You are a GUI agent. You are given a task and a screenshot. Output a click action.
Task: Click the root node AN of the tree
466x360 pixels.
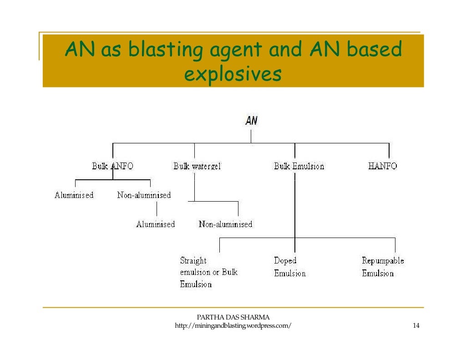(x=251, y=121)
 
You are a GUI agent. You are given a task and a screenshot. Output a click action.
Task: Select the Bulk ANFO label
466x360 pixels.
(x=112, y=166)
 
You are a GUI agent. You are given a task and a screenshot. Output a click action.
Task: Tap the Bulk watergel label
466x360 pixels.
(x=197, y=166)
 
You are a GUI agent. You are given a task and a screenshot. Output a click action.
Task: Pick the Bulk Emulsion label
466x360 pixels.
(x=299, y=166)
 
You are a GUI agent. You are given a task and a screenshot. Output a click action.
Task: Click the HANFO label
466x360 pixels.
(x=382, y=166)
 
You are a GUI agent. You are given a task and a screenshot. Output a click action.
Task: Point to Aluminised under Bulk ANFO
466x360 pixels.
(x=74, y=195)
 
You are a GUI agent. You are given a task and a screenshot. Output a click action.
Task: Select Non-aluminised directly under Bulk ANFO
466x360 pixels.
(x=144, y=195)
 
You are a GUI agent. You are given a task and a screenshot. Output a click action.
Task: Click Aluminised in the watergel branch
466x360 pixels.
(x=155, y=224)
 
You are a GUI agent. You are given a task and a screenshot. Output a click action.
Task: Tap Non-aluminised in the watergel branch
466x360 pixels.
(x=225, y=224)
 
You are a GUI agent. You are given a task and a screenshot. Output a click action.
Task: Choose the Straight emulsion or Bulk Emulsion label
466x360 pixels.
(x=208, y=272)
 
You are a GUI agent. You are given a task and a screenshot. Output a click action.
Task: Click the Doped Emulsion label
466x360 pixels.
(x=289, y=267)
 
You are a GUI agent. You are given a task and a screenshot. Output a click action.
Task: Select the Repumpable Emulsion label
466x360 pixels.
(x=382, y=267)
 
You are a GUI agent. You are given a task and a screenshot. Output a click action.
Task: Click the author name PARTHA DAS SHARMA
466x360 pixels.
(x=233, y=317)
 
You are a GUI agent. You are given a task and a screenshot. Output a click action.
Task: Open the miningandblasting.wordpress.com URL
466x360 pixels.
(x=233, y=326)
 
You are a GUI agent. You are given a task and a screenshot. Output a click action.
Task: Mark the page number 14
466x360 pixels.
(x=415, y=326)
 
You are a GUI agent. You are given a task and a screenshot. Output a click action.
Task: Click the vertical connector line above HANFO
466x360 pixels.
(x=389, y=151)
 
